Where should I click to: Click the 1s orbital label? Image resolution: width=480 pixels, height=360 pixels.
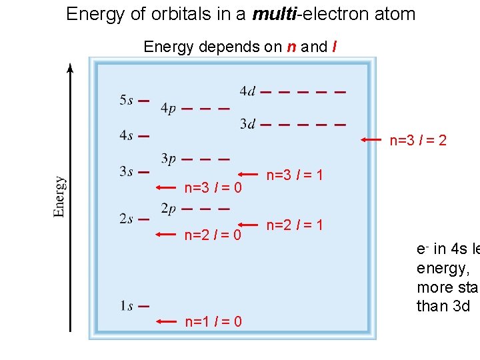pyautogui.click(x=126, y=307)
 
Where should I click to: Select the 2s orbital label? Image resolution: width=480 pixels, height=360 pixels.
pyautogui.click(x=126, y=219)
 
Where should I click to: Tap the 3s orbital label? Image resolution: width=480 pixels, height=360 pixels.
pyautogui.click(x=126, y=171)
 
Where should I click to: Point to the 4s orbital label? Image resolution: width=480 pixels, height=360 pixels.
pyautogui.click(x=126, y=136)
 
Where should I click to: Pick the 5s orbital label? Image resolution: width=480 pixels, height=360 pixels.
pyautogui.click(x=126, y=101)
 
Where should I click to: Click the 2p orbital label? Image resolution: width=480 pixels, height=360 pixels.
pyautogui.click(x=168, y=209)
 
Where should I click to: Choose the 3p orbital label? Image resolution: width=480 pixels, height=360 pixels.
pyautogui.click(x=168, y=159)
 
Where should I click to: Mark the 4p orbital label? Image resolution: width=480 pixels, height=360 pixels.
pyautogui.click(x=168, y=109)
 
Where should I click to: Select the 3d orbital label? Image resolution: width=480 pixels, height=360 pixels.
pyautogui.click(x=247, y=124)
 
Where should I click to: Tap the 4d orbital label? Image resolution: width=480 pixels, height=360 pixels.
pyautogui.click(x=247, y=91)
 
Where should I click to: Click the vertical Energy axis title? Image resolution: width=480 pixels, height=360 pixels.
pyautogui.click(x=59, y=196)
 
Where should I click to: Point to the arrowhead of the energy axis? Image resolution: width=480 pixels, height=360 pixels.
pyautogui.click(x=71, y=67)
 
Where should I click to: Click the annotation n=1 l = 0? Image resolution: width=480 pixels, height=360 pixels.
pyautogui.click(x=213, y=322)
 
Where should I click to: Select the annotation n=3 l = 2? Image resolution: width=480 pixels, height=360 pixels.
pyautogui.click(x=418, y=140)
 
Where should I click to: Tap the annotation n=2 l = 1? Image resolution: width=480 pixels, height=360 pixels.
pyautogui.click(x=295, y=225)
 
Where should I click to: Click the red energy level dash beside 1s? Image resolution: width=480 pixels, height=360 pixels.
pyautogui.click(x=143, y=306)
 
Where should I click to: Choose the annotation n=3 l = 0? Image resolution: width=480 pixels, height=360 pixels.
pyautogui.click(x=213, y=189)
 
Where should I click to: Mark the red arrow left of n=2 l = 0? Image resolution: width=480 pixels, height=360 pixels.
pyautogui.click(x=167, y=234)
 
